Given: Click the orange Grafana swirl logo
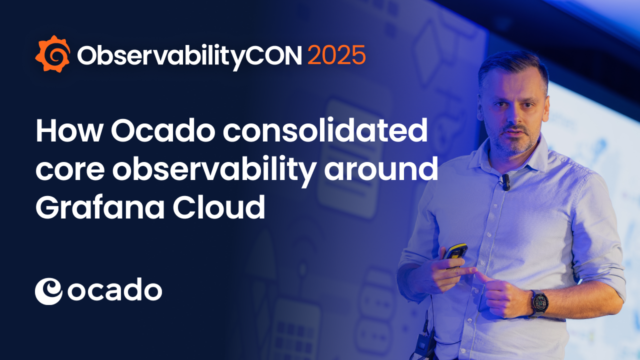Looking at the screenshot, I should coord(52,54).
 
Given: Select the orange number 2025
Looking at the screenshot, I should coord(336,55).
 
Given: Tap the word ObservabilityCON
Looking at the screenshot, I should coord(189,56).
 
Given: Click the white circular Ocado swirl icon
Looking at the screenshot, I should coord(48,291).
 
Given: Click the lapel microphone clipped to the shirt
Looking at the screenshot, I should coord(505,182).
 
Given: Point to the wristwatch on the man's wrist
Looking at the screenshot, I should coord(539,302).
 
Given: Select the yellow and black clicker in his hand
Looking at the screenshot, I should coord(456,250).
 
